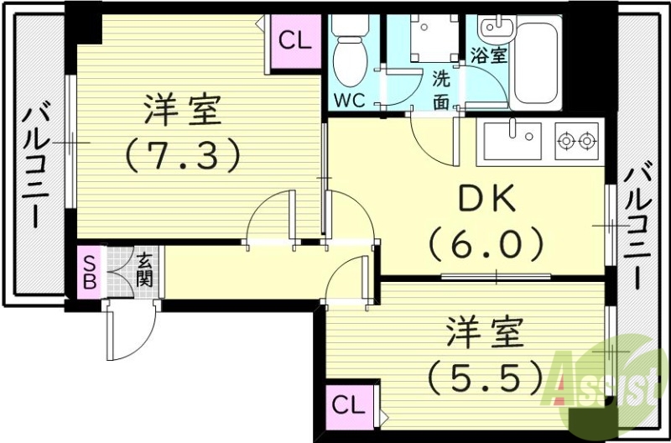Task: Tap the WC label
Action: tap(350, 101)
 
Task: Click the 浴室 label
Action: tap(489, 55)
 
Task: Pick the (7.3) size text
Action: tap(182, 154)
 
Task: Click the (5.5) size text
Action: tap(484, 378)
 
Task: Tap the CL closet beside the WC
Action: tap(294, 39)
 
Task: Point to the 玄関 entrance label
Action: tap(144, 270)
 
